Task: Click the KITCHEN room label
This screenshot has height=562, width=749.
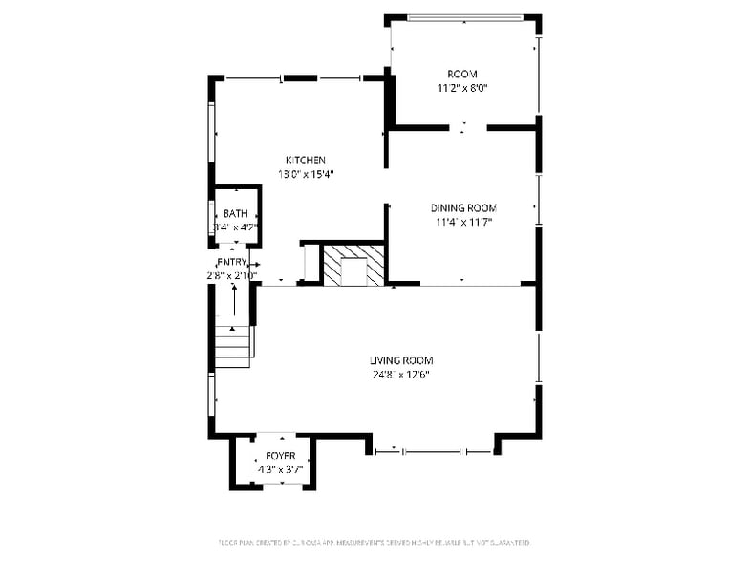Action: pos(306,160)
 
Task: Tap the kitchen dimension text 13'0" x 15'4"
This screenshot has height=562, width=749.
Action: pos(306,174)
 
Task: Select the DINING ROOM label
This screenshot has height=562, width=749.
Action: pos(463,207)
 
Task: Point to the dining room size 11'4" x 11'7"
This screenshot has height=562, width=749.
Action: pos(463,222)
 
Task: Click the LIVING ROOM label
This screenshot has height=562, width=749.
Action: pos(401,360)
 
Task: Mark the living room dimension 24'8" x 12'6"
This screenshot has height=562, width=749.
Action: pos(401,375)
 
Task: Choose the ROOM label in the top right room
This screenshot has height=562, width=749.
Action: pos(462,74)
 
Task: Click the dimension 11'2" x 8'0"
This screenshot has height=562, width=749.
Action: pos(462,88)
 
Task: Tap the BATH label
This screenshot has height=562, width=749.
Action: pos(235,214)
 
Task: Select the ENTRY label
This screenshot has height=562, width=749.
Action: pos(232,262)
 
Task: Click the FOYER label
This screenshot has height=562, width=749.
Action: pos(281,456)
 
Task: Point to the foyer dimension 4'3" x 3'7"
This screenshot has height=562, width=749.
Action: pos(281,470)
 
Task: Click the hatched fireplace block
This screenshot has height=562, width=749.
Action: pos(353,266)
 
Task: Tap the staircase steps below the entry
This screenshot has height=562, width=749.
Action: pos(233,345)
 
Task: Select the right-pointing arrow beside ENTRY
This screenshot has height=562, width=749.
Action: pos(254,265)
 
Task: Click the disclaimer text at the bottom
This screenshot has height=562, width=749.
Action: pos(374,543)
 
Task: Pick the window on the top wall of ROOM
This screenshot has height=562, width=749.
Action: pos(464,17)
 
